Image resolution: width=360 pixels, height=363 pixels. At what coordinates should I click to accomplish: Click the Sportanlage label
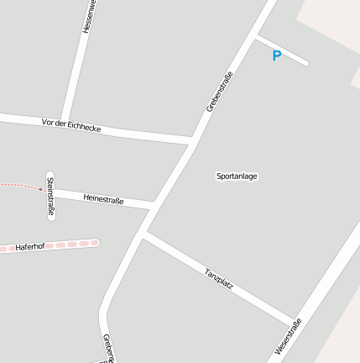(237, 176)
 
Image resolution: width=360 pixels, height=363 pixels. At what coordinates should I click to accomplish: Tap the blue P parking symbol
(276, 56)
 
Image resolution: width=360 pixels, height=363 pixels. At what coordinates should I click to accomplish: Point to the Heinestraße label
(103, 199)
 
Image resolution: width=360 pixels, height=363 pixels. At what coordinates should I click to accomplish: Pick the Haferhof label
(29, 247)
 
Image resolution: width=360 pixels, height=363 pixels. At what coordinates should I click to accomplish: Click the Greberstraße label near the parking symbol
(219, 92)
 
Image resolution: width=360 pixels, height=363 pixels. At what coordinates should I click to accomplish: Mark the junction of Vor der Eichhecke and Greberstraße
(193, 139)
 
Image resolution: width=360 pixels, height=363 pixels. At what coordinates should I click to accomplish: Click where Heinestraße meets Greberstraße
(154, 205)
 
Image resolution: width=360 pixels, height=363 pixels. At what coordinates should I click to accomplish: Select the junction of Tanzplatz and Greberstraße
(143, 235)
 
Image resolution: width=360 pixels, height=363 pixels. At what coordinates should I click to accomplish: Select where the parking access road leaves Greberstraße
(255, 36)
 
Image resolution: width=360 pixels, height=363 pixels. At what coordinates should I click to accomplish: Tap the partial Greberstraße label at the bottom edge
(107, 349)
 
